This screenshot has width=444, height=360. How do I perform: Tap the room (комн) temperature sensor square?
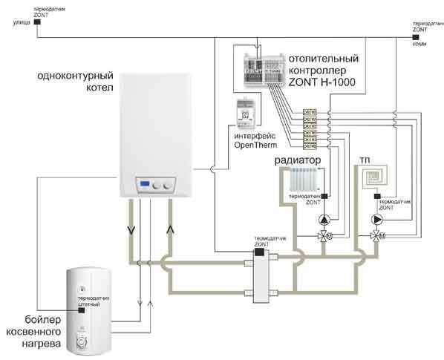(x=417, y=36)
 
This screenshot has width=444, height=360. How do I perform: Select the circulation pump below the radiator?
(x=324, y=220)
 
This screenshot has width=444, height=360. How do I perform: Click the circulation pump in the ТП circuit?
(x=376, y=220)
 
